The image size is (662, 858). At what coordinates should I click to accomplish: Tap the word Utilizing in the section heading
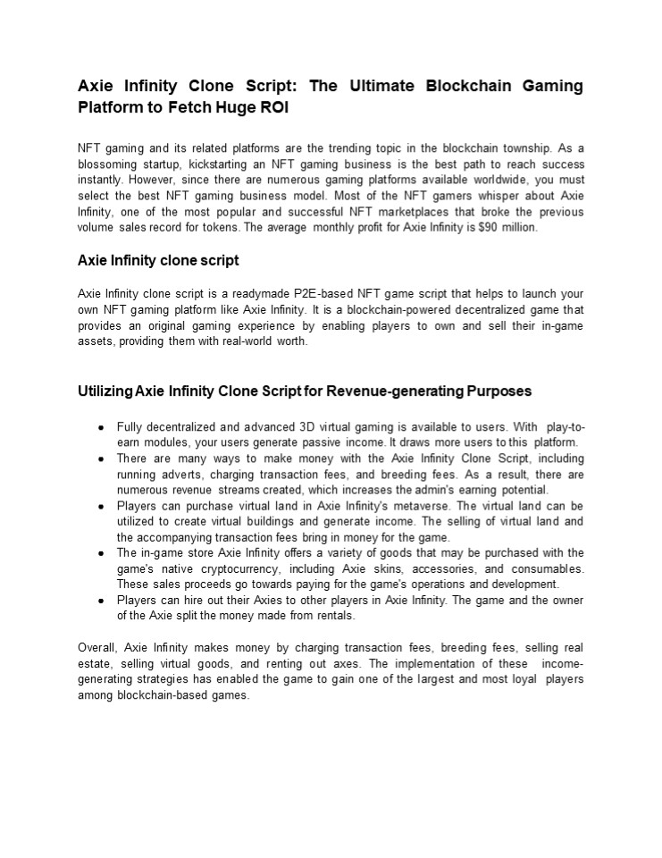tap(105, 391)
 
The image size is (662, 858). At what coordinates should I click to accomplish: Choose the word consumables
tap(548, 568)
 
